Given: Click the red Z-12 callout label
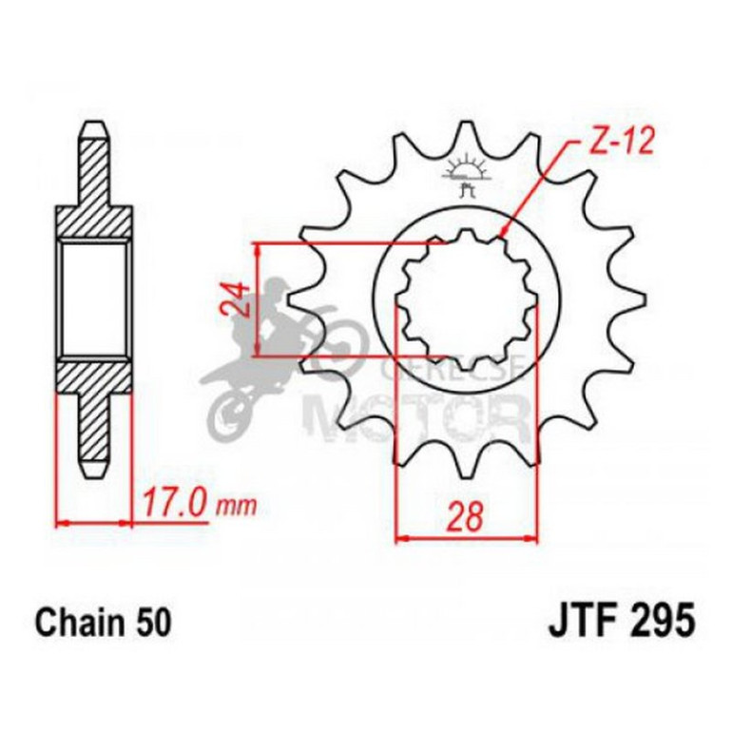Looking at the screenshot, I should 608,144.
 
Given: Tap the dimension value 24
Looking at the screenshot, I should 241,299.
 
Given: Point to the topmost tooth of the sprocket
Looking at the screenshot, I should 466,133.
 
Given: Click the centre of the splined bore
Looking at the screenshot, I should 466,299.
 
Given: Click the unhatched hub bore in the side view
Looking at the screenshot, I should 94,299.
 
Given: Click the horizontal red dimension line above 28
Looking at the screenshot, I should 466,539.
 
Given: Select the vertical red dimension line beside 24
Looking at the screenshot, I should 259,299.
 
